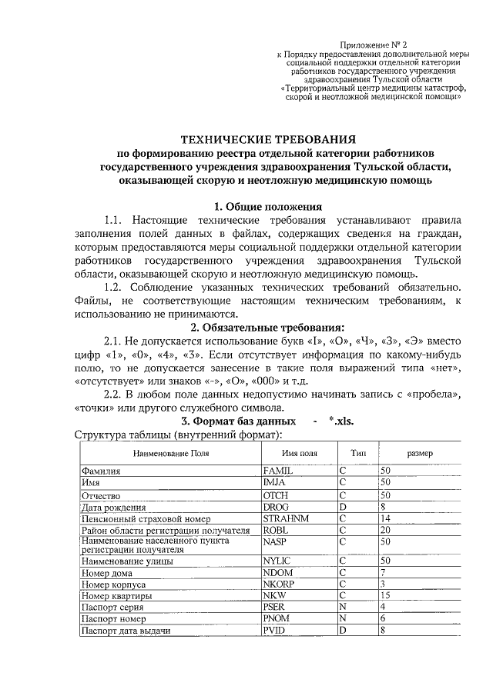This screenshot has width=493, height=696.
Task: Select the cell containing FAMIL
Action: click(278, 469)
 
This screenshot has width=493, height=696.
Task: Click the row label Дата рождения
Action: click(113, 507)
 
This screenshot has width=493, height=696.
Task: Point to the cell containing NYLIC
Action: click(278, 561)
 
